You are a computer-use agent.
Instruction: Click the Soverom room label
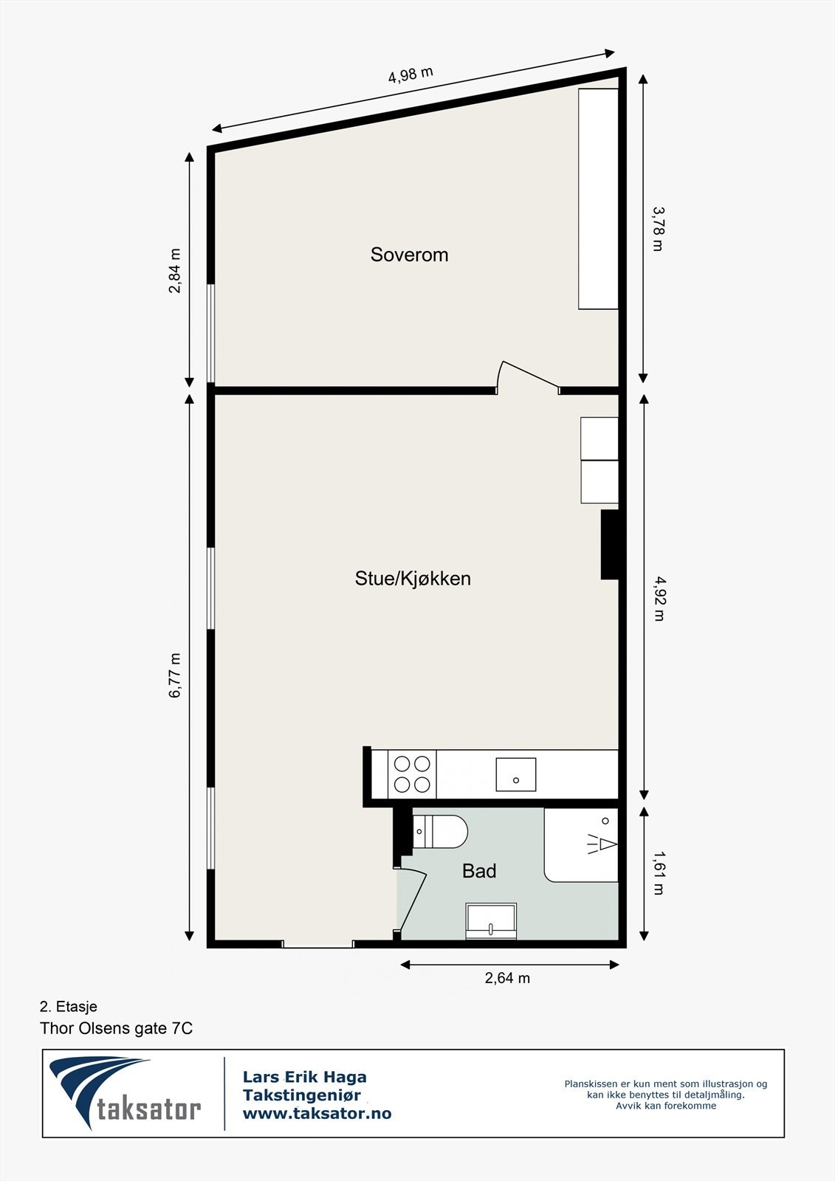(409, 255)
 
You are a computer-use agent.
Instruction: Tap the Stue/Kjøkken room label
(413, 578)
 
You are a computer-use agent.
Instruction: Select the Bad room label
(479, 871)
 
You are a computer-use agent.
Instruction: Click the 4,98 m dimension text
(410, 75)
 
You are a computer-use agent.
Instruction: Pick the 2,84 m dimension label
(175, 271)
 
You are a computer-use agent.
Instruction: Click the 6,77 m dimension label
(175, 675)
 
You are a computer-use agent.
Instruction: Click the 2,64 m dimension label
(507, 978)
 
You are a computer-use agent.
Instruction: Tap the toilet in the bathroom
(440, 831)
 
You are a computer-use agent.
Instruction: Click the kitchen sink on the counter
(515, 774)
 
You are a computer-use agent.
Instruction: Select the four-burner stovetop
(412, 774)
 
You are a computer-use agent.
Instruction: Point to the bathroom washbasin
(491, 920)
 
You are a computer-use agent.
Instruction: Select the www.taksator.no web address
(317, 1114)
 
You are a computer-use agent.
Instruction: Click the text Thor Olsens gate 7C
(116, 1028)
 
